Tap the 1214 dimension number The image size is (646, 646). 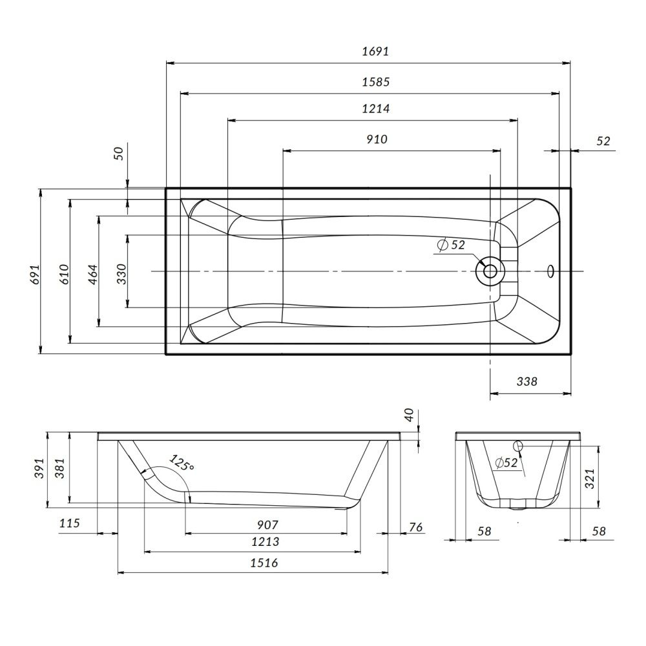point(373,109)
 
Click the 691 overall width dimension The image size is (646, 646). point(36,273)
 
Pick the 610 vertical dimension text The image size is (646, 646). point(63,273)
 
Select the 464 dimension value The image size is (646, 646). point(92,273)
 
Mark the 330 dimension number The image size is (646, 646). point(121,274)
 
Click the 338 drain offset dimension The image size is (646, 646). point(527,381)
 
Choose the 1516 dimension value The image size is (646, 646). point(264,563)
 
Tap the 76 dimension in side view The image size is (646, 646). point(415,528)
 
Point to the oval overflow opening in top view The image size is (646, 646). point(551,271)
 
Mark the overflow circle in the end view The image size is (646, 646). point(518,445)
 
